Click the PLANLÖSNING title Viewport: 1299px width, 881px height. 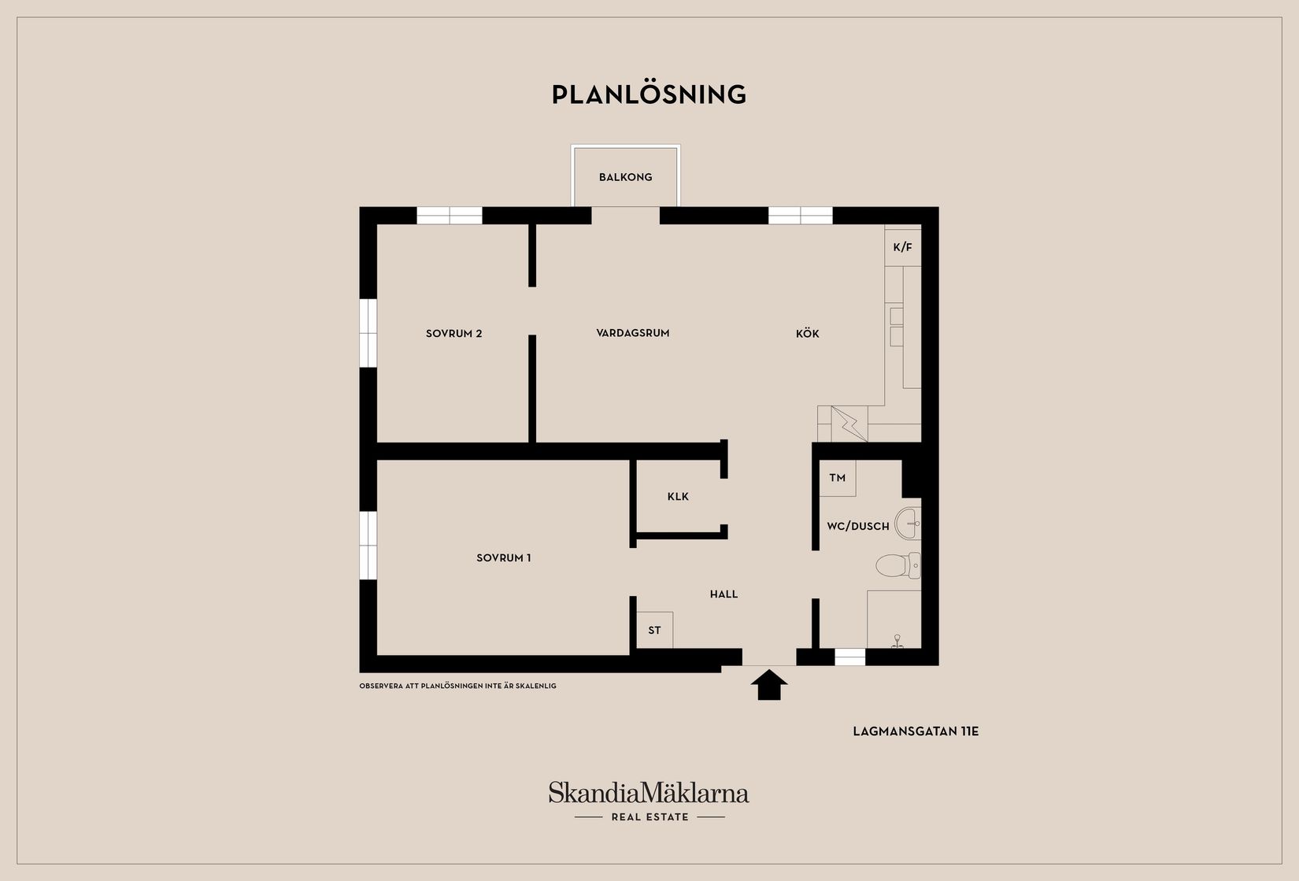pos(649,94)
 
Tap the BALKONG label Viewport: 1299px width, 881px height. pos(625,177)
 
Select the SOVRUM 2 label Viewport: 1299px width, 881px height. pos(454,334)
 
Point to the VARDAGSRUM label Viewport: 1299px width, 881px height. pos(633,333)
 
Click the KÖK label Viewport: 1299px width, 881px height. pos(807,334)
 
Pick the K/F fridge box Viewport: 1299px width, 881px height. pos(903,248)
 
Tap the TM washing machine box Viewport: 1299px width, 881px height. pos(838,479)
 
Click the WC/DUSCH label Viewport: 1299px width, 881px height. pos(857,527)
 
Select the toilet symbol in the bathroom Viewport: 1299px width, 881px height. pos(897,565)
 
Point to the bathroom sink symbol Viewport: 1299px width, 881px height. pos(909,523)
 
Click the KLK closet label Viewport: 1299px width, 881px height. pos(678,497)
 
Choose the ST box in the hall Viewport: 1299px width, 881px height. pos(655,630)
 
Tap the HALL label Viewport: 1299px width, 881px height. pos(724,594)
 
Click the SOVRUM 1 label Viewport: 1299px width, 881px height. pos(503,558)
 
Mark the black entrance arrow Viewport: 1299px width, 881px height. pos(769,684)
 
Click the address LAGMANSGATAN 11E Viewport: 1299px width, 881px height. pos(916,731)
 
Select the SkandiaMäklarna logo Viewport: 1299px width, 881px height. pos(649,792)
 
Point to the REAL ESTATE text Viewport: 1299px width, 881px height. pos(650,817)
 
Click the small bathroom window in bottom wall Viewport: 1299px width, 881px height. pos(849,657)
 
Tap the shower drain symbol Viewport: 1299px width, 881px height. pos(897,640)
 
